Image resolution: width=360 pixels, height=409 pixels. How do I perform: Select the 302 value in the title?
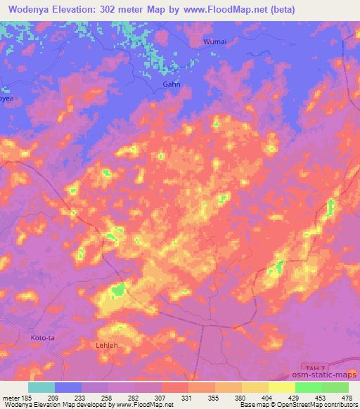112,9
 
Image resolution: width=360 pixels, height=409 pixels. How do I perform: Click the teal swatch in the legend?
41,387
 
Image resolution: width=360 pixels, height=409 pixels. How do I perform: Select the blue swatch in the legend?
68,387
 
